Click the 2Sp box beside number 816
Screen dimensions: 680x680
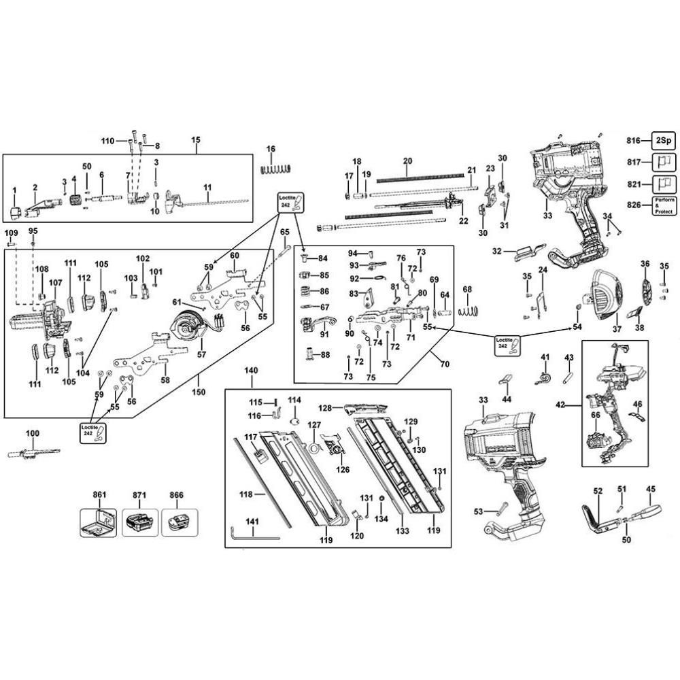(662, 141)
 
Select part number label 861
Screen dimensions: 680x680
(100, 495)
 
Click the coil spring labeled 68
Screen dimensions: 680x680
(467, 311)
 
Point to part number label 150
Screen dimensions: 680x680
(199, 393)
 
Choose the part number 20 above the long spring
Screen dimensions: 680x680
(407, 161)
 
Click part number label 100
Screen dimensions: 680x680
(32, 433)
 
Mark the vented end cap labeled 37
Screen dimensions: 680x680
(605, 297)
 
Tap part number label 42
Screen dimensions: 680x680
(560, 404)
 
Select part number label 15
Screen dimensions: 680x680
(196, 140)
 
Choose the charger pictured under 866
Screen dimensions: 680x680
(180, 524)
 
